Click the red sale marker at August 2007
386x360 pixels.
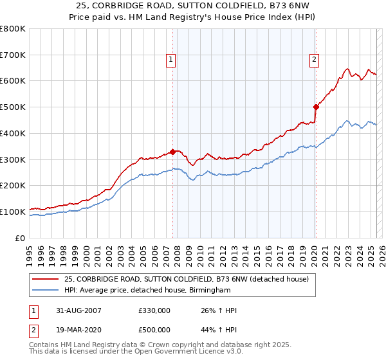pos(172,152)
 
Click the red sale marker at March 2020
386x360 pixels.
pos(316,107)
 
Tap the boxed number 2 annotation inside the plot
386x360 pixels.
pos(314,60)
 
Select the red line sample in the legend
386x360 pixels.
pos(46,279)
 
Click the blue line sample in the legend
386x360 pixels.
pos(46,291)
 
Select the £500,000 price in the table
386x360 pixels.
pos(154,329)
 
